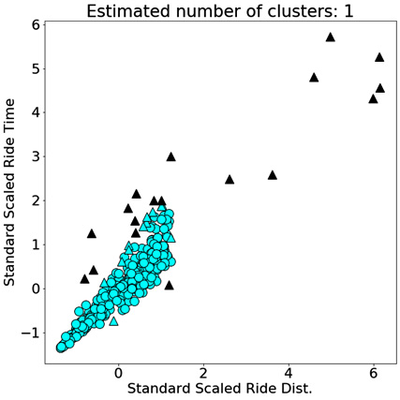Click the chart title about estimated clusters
click(220, 12)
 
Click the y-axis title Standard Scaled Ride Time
click(9, 192)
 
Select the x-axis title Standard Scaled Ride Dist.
click(220, 389)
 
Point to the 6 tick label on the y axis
click(37, 25)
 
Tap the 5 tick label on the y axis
click(37, 69)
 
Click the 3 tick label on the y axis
click(37, 157)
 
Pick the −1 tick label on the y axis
click(31, 333)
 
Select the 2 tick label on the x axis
click(203, 373)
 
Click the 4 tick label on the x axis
click(289, 373)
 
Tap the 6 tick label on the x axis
click(374, 373)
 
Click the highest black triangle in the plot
click(331, 37)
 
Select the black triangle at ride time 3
click(170, 156)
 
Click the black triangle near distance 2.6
click(230, 180)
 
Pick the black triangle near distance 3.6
click(273, 175)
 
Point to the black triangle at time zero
click(169, 285)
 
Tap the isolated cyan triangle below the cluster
click(113, 321)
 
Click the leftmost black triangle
click(84, 279)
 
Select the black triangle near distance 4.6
click(314, 78)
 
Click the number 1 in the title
click(348, 11)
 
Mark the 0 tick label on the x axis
click(118, 373)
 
